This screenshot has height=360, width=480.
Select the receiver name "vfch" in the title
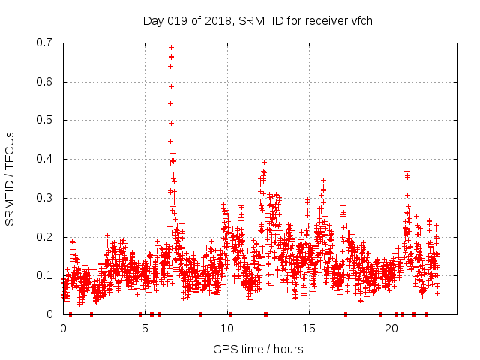(359, 21)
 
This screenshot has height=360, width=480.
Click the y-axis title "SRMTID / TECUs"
(10, 179)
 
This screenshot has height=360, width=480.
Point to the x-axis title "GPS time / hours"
(258, 349)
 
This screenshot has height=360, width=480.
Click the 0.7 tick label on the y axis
(46, 43)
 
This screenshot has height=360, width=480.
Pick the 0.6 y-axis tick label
(46, 82)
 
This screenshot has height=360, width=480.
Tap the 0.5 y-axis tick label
(46, 120)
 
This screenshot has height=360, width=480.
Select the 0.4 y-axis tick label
(46, 159)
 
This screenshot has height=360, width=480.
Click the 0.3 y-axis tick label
(46, 198)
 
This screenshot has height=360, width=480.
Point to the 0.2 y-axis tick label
(46, 237)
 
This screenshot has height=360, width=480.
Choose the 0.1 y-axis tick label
(46, 275)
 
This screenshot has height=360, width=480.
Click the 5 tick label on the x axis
(145, 328)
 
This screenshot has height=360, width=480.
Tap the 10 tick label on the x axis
(227, 328)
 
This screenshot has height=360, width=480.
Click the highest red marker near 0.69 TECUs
(171, 46)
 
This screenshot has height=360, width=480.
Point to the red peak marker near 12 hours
(264, 162)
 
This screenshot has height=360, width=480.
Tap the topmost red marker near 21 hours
(406, 172)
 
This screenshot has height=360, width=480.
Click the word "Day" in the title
(154, 21)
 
